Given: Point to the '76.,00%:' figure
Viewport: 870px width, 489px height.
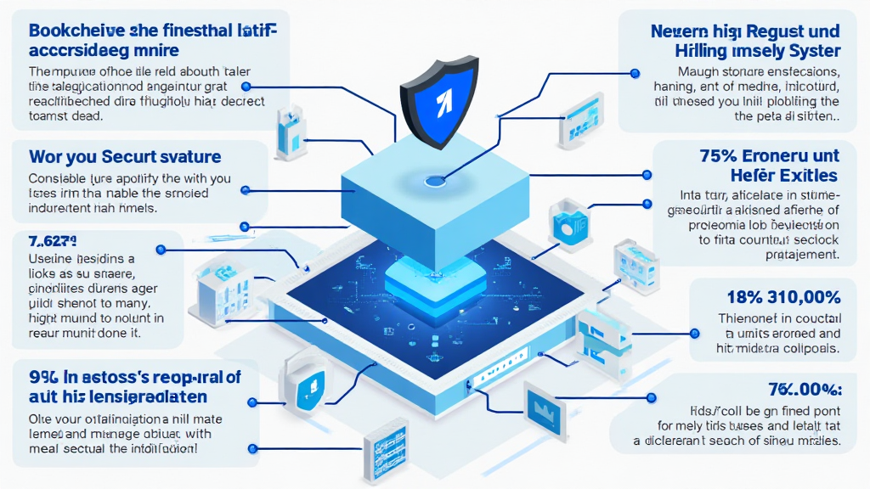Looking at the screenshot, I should click(x=804, y=390).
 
